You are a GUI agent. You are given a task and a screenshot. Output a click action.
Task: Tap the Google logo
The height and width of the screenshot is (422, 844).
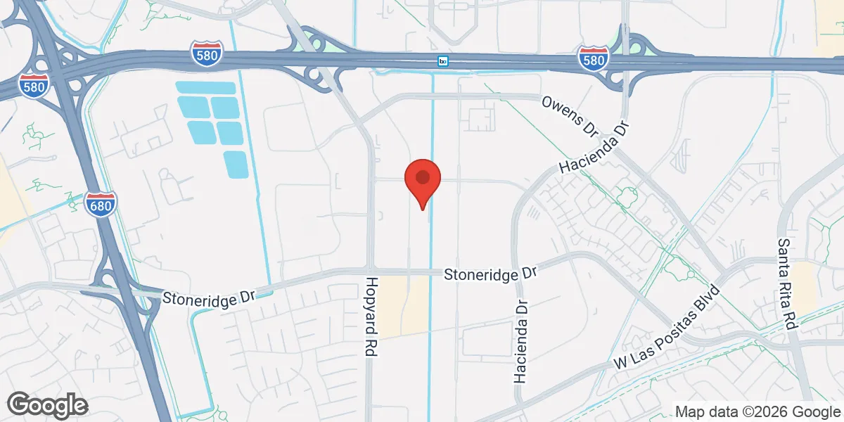point(47,404)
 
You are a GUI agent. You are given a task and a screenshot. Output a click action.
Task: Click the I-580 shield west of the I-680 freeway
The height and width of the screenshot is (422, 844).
point(34,86)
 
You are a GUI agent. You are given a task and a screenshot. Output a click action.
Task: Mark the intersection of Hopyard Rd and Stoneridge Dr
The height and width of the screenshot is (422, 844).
point(370,271)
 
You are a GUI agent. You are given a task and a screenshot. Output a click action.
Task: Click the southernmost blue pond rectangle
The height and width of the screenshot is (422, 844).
point(236,164)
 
